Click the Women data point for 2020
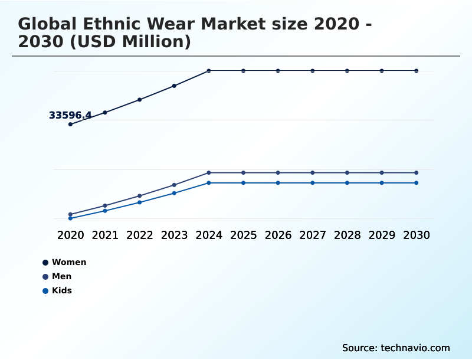pyautogui.click(x=70, y=125)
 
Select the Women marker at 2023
pyautogui.click(x=174, y=86)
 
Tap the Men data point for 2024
pyautogui.click(x=209, y=173)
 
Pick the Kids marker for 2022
pyautogui.click(x=140, y=202)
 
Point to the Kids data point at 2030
pyautogui.click(x=417, y=183)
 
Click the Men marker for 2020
pyautogui.click(x=70, y=214)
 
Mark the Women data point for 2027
pyautogui.click(x=313, y=71)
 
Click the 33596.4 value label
pyautogui.click(x=70, y=115)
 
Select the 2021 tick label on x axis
pyautogui.click(x=105, y=235)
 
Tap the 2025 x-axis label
pyautogui.click(x=243, y=235)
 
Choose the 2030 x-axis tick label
pyautogui.click(x=417, y=235)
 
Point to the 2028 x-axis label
pyautogui.click(x=347, y=235)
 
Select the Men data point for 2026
pyautogui.click(x=278, y=173)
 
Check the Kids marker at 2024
pyautogui.click(x=209, y=183)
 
